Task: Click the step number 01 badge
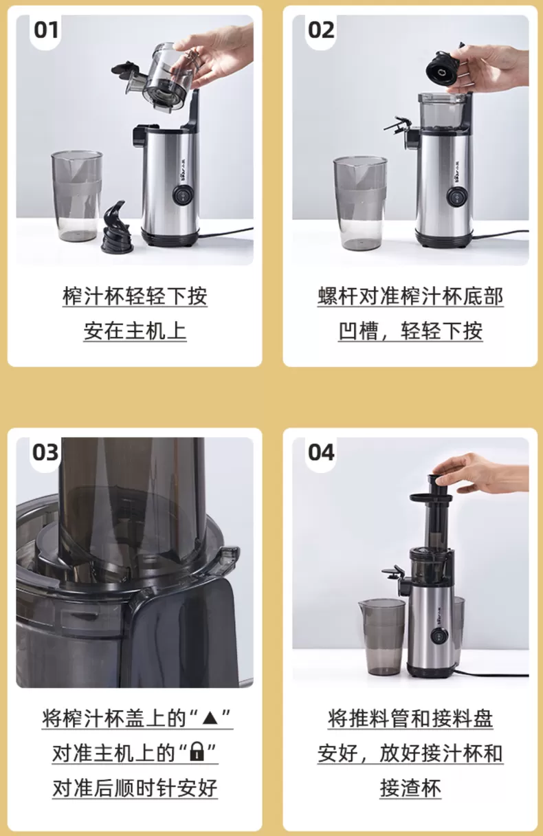pyautogui.click(x=47, y=30)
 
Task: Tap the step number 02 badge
pyautogui.click(x=321, y=30)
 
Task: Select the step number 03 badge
pyautogui.click(x=46, y=452)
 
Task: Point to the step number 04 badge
pyautogui.click(x=321, y=452)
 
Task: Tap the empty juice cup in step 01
pyautogui.click(x=76, y=197)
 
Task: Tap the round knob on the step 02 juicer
pyautogui.click(x=455, y=198)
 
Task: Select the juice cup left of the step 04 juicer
pyautogui.click(x=381, y=637)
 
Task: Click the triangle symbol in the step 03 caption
pyautogui.click(x=211, y=720)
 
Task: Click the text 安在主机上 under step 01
pyautogui.click(x=135, y=331)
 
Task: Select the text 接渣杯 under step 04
pyautogui.click(x=410, y=787)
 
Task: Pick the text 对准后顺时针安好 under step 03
pyautogui.click(x=135, y=787)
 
